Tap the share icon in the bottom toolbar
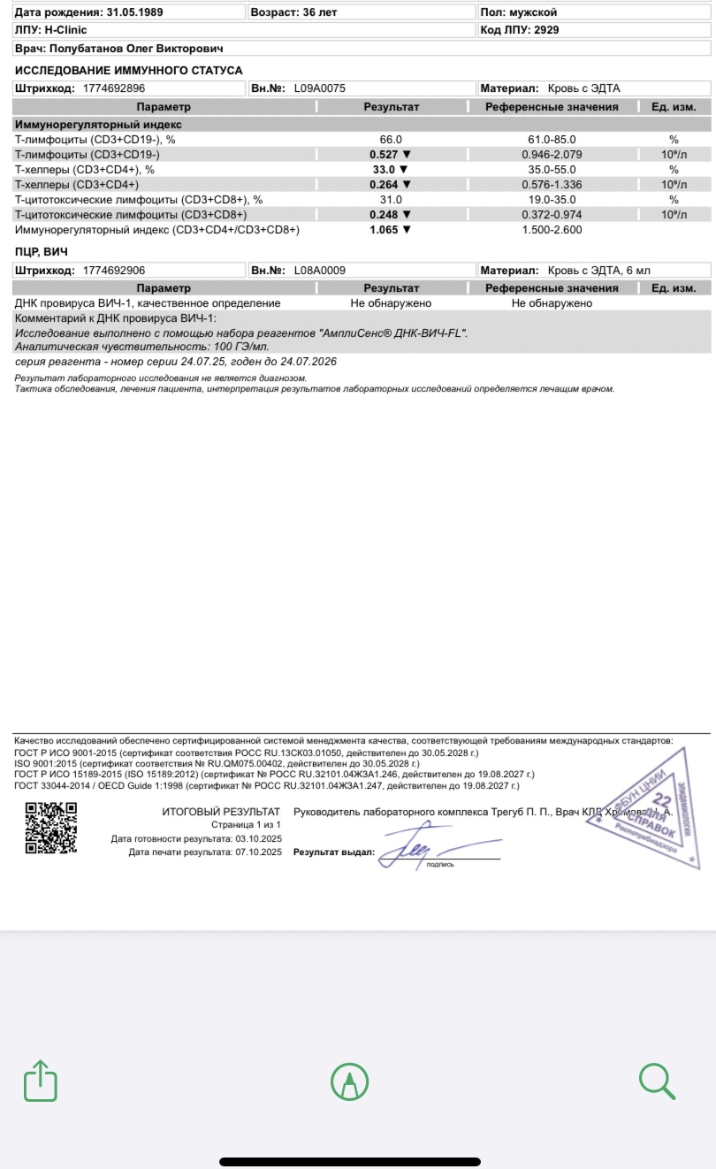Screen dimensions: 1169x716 pyautogui.click(x=41, y=1081)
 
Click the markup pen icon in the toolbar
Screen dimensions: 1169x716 pyautogui.click(x=349, y=1081)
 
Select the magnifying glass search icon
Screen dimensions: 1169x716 pyautogui.click(x=657, y=1080)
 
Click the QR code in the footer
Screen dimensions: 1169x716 pyautogui.click(x=50, y=828)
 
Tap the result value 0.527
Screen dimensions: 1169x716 pyautogui.click(x=385, y=155)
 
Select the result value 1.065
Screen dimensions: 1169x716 pyautogui.click(x=385, y=230)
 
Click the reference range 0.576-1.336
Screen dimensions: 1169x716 pyautogui.click(x=551, y=185)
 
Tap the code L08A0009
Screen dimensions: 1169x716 pyautogui.click(x=319, y=270)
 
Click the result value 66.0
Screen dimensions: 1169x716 pyautogui.click(x=391, y=140)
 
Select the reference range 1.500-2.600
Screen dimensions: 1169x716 pyautogui.click(x=551, y=230)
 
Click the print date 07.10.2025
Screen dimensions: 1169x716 pyautogui.click(x=258, y=852)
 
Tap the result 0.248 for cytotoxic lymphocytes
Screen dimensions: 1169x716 pyautogui.click(x=385, y=215)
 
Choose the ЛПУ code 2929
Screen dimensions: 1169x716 pyautogui.click(x=545, y=29)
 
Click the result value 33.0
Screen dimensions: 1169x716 pyautogui.click(x=385, y=170)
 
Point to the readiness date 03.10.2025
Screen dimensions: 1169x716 pyautogui.click(x=258, y=838)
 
